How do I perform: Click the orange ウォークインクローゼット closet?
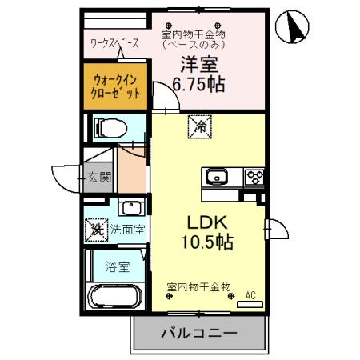(x=118, y=86)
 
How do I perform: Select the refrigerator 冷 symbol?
(x=197, y=124)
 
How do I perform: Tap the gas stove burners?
(x=255, y=177)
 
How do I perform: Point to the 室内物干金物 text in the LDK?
(x=199, y=286)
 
